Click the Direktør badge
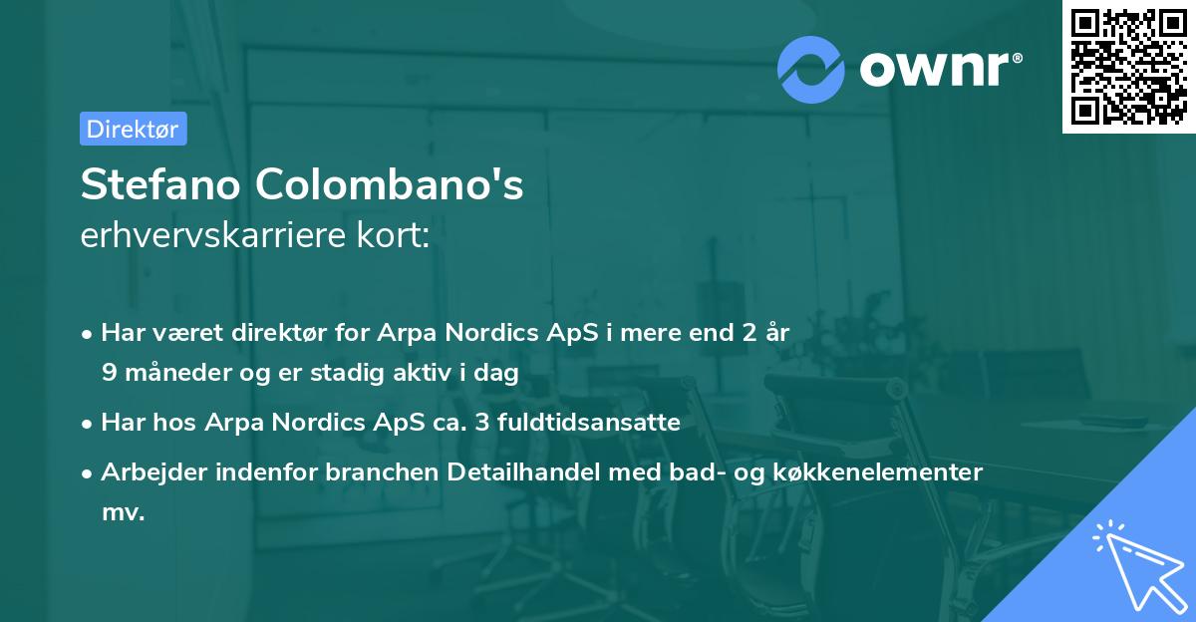click(133, 129)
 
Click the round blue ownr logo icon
click(811, 70)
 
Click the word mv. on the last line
click(123, 512)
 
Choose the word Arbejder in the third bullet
click(149, 472)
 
